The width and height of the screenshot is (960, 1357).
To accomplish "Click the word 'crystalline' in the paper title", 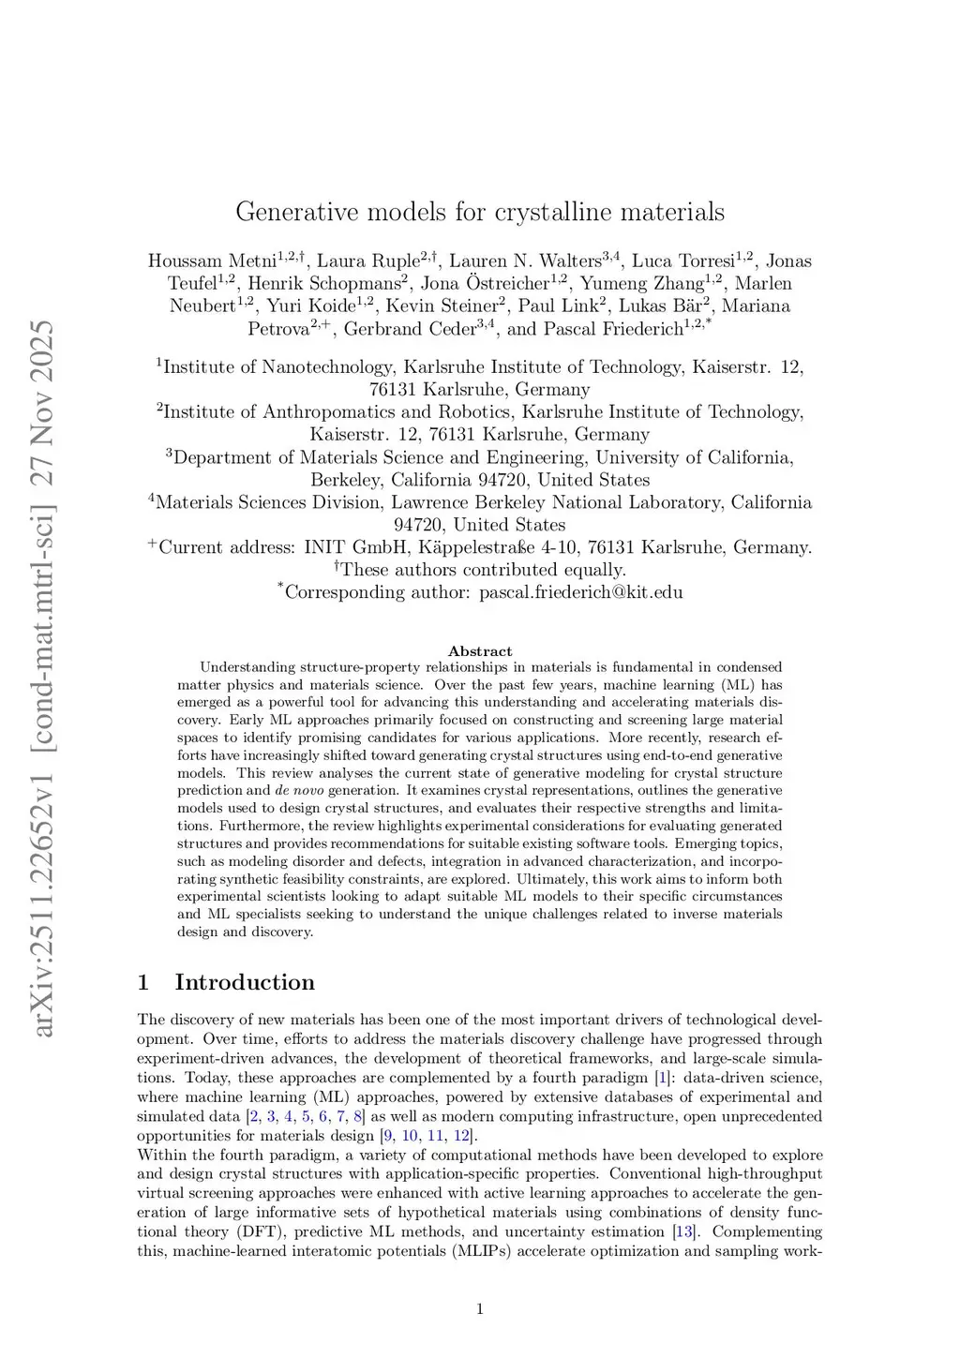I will tap(556, 212).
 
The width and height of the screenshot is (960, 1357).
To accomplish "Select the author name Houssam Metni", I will tap(212, 261).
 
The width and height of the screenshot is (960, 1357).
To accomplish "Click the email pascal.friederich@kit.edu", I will tap(580, 592).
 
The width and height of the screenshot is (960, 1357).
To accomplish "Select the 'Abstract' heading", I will tap(480, 651).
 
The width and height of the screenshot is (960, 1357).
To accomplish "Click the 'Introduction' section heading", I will tap(245, 982).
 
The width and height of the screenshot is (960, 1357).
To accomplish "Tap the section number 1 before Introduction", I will tap(143, 982).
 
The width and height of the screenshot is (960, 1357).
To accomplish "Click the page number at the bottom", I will tap(480, 1309).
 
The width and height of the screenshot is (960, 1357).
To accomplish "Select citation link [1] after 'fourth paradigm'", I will tap(662, 1078).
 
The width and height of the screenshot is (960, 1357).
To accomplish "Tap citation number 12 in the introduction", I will tap(461, 1136).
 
